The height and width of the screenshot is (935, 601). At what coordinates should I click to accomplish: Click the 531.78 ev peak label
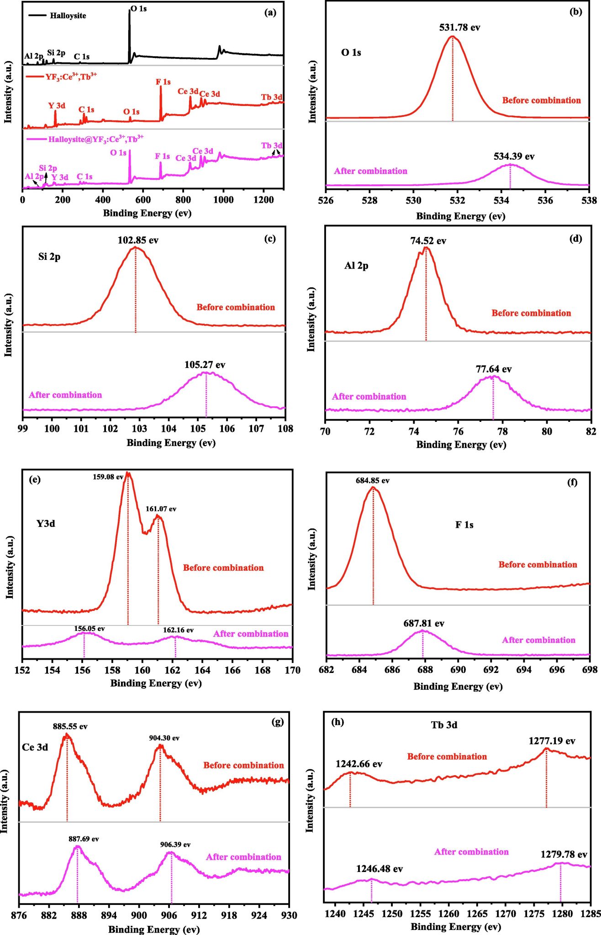(x=459, y=27)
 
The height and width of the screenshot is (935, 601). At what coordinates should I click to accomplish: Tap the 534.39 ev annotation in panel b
(x=514, y=157)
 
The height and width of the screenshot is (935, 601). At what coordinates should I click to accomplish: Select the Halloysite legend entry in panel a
(x=68, y=16)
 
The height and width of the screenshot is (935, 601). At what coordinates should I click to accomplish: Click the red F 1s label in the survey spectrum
(x=163, y=82)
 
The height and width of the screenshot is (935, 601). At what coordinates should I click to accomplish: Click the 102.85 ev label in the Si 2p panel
(x=138, y=240)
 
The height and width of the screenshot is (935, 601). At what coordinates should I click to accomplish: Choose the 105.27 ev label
(x=205, y=365)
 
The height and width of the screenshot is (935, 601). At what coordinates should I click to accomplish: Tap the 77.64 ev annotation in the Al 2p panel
(x=493, y=369)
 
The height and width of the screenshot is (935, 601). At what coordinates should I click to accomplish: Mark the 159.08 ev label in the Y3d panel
(x=108, y=477)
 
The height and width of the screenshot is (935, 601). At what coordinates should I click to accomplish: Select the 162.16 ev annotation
(x=178, y=630)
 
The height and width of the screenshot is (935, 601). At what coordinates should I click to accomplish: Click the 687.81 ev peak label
(x=423, y=623)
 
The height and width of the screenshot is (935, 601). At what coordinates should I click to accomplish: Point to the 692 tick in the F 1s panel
(x=491, y=670)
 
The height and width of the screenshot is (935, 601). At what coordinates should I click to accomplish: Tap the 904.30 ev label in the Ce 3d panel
(x=164, y=738)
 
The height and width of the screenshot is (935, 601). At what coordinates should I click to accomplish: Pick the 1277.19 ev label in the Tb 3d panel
(x=552, y=741)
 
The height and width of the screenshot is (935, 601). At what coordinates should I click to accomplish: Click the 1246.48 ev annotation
(x=379, y=869)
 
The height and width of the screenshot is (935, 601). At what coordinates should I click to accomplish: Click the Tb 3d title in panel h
(x=444, y=725)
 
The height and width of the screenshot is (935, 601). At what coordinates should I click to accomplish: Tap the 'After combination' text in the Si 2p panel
(x=65, y=395)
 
